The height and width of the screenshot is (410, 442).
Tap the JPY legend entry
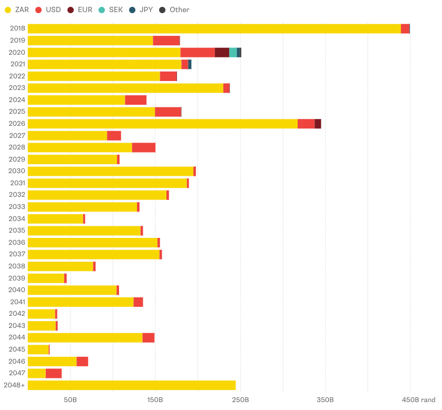coord(141,9)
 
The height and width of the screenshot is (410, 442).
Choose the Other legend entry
coord(174,9)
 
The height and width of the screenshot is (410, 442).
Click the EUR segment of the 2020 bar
coord(222,53)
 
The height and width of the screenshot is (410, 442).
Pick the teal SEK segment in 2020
coord(233,53)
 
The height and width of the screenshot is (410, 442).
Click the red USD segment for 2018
coord(405,29)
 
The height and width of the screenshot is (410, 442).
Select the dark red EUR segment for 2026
coord(318,124)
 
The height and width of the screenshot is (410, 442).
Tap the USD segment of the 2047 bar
coord(54,373)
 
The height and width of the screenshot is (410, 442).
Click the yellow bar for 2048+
coord(132,385)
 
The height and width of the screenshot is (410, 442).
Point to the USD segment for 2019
coord(166,41)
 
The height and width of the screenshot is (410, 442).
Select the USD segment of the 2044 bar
coord(148,338)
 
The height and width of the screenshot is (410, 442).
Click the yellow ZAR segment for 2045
coord(38,349)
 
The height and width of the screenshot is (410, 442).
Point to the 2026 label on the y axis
coord(17,124)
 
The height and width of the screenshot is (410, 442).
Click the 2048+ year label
coord(14,385)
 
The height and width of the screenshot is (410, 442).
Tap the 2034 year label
coord(17,219)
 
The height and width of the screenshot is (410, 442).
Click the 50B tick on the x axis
coord(70,400)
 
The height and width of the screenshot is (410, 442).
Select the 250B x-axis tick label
coord(240,400)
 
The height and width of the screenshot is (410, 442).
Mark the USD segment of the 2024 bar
coord(135,100)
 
